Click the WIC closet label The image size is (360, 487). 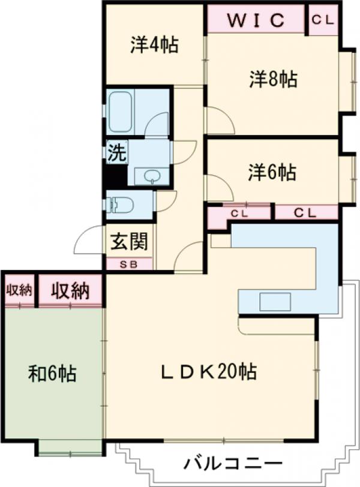click(256, 20)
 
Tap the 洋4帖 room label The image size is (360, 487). click(154, 45)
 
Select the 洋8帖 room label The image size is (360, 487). click(274, 79)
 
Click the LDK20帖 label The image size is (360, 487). click(208, 371)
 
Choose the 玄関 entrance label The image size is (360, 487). click(129, 241)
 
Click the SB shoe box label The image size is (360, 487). click(128, 265)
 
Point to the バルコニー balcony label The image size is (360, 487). click(233, 464)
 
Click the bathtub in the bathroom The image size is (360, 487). click(121, 112)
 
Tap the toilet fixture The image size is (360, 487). click(119, 205)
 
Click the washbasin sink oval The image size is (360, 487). click(152, 176)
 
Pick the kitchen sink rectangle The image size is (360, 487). click(275, 301)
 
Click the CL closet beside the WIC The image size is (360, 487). click(323, 20)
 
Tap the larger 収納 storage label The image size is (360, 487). click(71, 291)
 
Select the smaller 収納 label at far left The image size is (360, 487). click(20, 290)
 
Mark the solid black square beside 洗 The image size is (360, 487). click(116, 176)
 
